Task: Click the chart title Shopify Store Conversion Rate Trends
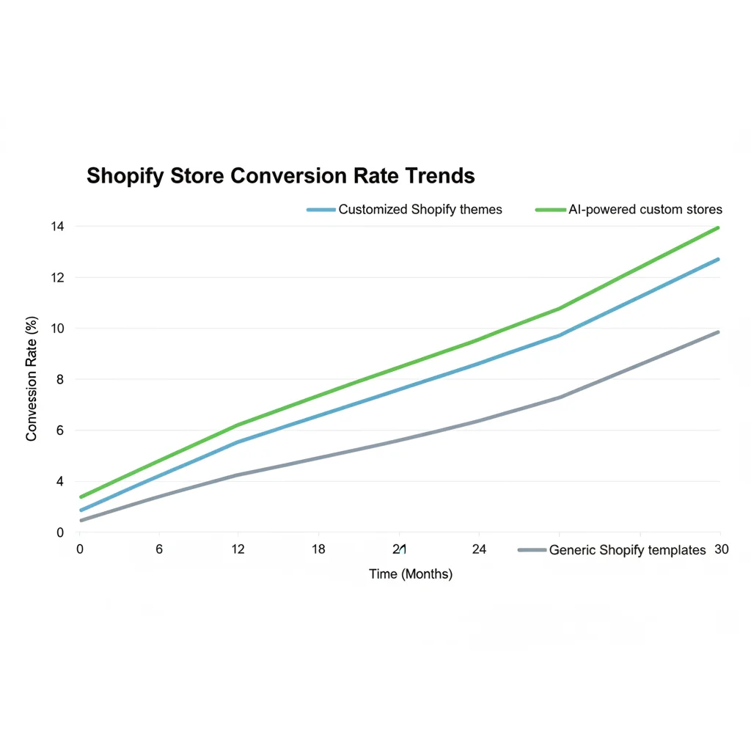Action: point(280,176)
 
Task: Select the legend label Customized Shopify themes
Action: point(420,210)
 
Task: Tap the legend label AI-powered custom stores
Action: point(645,210)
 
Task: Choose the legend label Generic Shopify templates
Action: point(627,550)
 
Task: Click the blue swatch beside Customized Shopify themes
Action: point(320,210)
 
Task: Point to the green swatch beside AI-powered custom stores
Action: point(550,210)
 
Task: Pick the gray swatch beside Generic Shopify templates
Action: point(532,550)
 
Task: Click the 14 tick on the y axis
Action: point(57,227)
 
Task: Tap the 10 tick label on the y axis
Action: point(57,329)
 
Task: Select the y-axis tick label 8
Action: point(59,380)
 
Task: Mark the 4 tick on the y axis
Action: point(59,482)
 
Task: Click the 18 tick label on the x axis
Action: point(318,549)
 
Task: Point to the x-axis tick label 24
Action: point(478,549)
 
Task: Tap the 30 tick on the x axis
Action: point(722,549)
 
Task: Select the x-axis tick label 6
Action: point(159,549)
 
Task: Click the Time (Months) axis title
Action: point(411,574)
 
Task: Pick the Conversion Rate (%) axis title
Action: point(32,378)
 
